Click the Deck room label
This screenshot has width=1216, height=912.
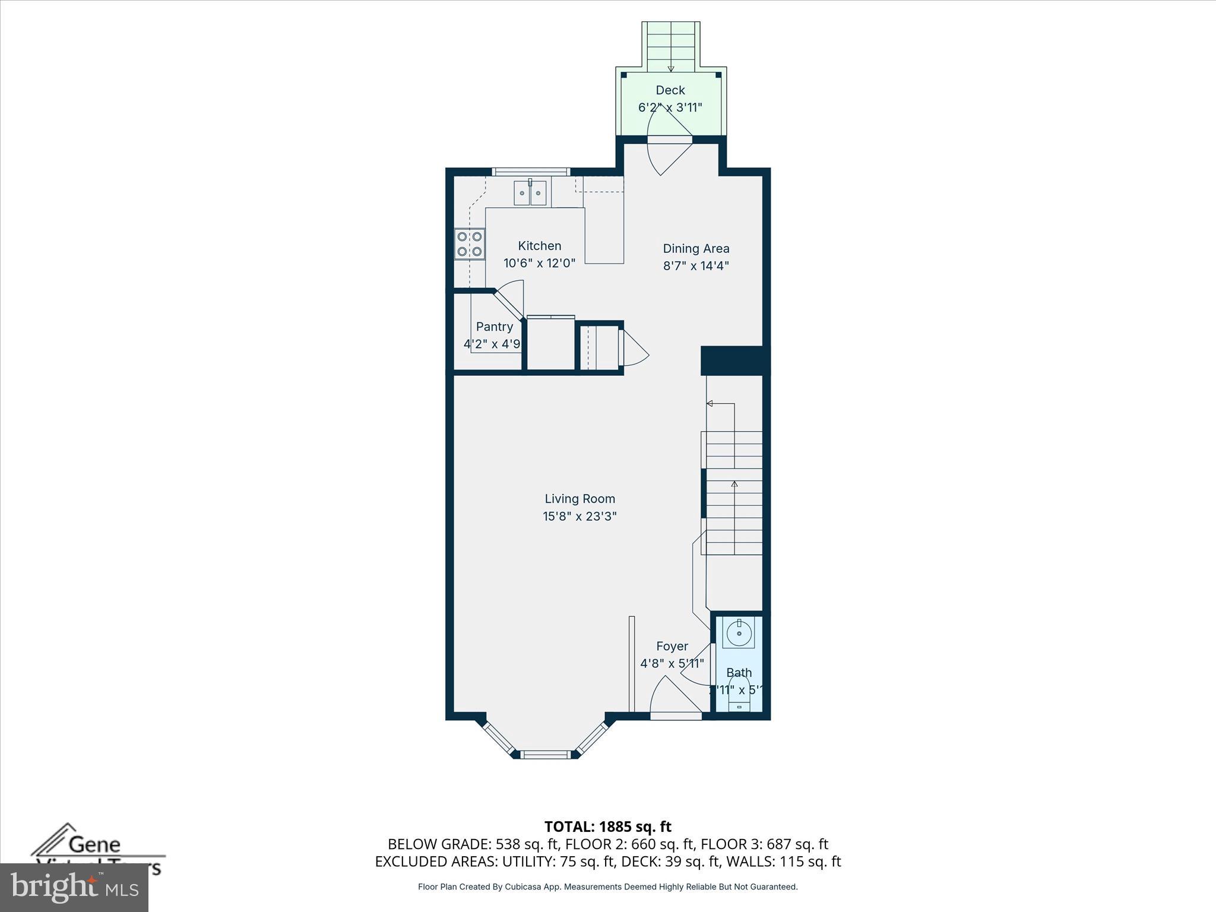(670, 90)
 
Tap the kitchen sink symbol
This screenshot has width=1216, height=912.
(530, 193)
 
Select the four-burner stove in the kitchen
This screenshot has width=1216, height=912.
(469, 244)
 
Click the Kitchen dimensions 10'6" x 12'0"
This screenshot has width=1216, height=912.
(539, 263)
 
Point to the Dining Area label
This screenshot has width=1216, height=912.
(696, 249)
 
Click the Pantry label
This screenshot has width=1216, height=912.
(494, 327)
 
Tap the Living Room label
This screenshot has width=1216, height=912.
(579, 499)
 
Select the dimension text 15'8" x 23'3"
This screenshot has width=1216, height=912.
(579, 516)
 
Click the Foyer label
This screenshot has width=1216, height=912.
(672, 646)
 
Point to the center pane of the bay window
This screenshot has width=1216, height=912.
(546, 755)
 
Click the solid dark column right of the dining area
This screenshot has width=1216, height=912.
(735, 360)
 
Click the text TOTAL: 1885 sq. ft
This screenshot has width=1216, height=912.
(607, 826)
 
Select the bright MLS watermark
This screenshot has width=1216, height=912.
(74, 888)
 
